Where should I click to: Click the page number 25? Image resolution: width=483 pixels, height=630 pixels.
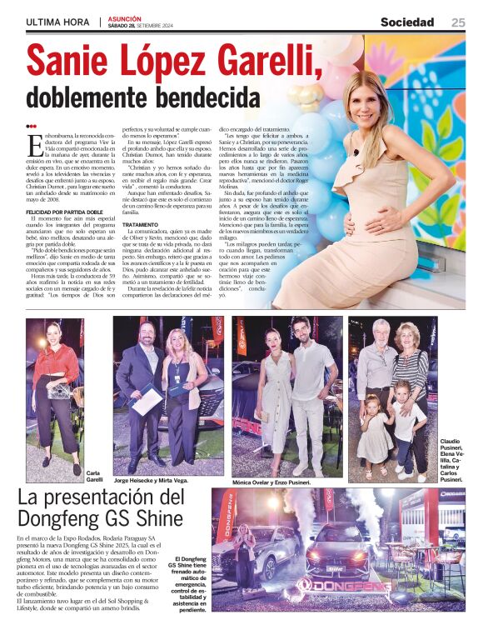[458, 22]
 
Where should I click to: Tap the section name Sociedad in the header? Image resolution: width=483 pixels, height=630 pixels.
[407, 22]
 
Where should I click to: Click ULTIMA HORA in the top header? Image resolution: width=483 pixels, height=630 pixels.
[57, 22]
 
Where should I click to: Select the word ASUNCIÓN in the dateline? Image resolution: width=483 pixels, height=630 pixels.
[125, 17]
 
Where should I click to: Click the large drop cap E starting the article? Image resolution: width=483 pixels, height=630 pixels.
[34, 144]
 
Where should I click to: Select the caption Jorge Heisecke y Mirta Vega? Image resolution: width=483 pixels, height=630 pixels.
[152, 481]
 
